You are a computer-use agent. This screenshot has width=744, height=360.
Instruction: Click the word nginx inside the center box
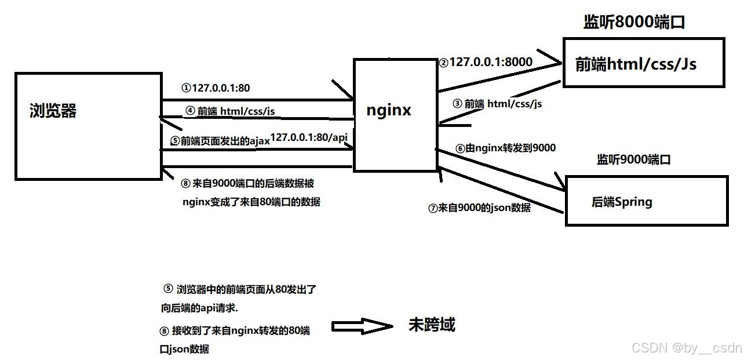pyautogui.click(x=389, y=110)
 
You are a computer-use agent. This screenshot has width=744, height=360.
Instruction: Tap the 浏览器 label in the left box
pyautogui.click(x=53, y=111)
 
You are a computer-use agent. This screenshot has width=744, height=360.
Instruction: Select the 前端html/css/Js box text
pyautogui.click(x=636, y=64)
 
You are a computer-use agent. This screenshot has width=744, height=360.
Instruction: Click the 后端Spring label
pyautogui.click(x=622, y=202)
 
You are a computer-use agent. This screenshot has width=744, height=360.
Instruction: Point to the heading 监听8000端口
pyautogui.click(x=634, y=23)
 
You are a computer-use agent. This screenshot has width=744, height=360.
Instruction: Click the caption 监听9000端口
pyautogui.click(x=633, y=160)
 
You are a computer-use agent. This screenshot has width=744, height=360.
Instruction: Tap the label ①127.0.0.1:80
pyautogui.click(x=215, y=89)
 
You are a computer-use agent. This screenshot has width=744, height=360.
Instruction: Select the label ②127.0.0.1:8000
pyautogui.click(x=486, y=62)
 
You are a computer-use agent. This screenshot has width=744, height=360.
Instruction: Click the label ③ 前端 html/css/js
pyautogui.click(x=497, y=104)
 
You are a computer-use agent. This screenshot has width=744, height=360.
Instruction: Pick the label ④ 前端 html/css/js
pyautogui.click(x=230, y=111)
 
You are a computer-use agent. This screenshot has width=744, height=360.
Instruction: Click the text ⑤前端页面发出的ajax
pyautogui.click(x=220, y=141)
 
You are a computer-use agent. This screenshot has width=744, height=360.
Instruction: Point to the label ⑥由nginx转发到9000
pyautogui.click(x=505, y=148)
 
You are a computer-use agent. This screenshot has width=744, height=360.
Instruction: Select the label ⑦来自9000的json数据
pyautogui.click(x=479, y=208)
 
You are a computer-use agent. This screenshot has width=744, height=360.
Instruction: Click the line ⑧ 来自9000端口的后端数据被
pyautogui.click(x=247, y=184)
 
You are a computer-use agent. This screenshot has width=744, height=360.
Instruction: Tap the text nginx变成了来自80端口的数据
pyautogui.click(x=251, y=202)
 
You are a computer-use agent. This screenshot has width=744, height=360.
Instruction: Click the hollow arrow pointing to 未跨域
pyautogui.click(x=362, y=326)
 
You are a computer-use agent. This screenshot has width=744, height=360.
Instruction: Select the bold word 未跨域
pyautogui.click(x=432, y=325)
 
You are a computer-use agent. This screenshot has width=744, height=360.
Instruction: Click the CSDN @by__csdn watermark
pyautogui.click(x=687, y=348)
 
